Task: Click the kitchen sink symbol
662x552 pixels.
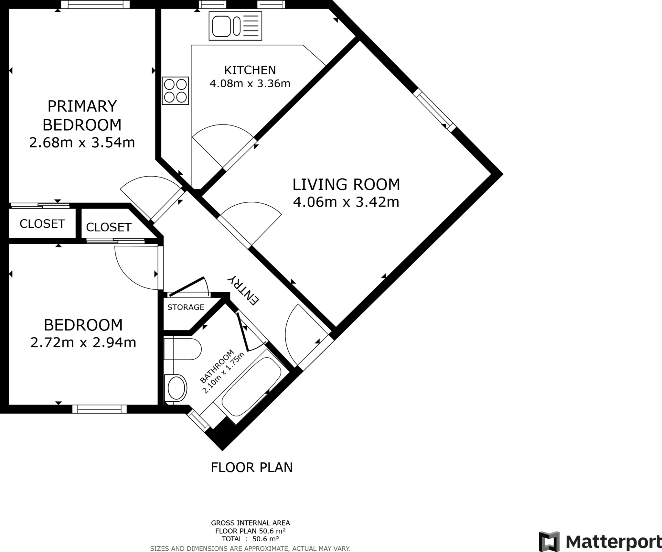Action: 235,26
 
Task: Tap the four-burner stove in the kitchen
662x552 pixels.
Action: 176,91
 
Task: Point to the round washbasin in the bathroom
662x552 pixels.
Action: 176,387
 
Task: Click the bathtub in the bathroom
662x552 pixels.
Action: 251,386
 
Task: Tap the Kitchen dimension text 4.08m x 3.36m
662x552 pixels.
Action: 250,84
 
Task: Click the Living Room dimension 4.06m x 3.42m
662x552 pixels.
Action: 346,202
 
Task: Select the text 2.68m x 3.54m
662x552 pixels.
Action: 82,143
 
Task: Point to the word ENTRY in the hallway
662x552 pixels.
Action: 243,290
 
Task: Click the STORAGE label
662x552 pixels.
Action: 186,307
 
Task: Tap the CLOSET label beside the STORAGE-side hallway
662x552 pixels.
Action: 109,227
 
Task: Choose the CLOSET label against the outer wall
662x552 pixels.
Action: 42,224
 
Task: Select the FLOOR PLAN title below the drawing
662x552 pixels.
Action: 251,467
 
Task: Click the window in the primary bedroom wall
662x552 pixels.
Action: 95,4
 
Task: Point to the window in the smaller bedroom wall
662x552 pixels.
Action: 99,409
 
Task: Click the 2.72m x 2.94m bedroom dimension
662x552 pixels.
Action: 83,343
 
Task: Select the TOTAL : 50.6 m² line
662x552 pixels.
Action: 250,539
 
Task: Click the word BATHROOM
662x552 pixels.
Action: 216,366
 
